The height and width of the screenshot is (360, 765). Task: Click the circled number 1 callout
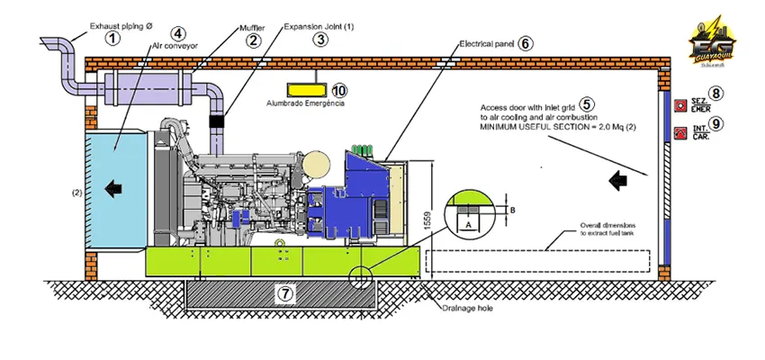(x=112, y=38)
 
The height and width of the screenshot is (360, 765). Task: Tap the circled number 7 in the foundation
(x=284, y=293)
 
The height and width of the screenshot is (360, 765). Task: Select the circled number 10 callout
(x=338, y=90)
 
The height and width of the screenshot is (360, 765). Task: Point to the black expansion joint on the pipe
(x=217, y=120)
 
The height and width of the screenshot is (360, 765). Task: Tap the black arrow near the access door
(x=617, y=181)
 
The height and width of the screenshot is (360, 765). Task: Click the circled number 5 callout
(x=587, y=104)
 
